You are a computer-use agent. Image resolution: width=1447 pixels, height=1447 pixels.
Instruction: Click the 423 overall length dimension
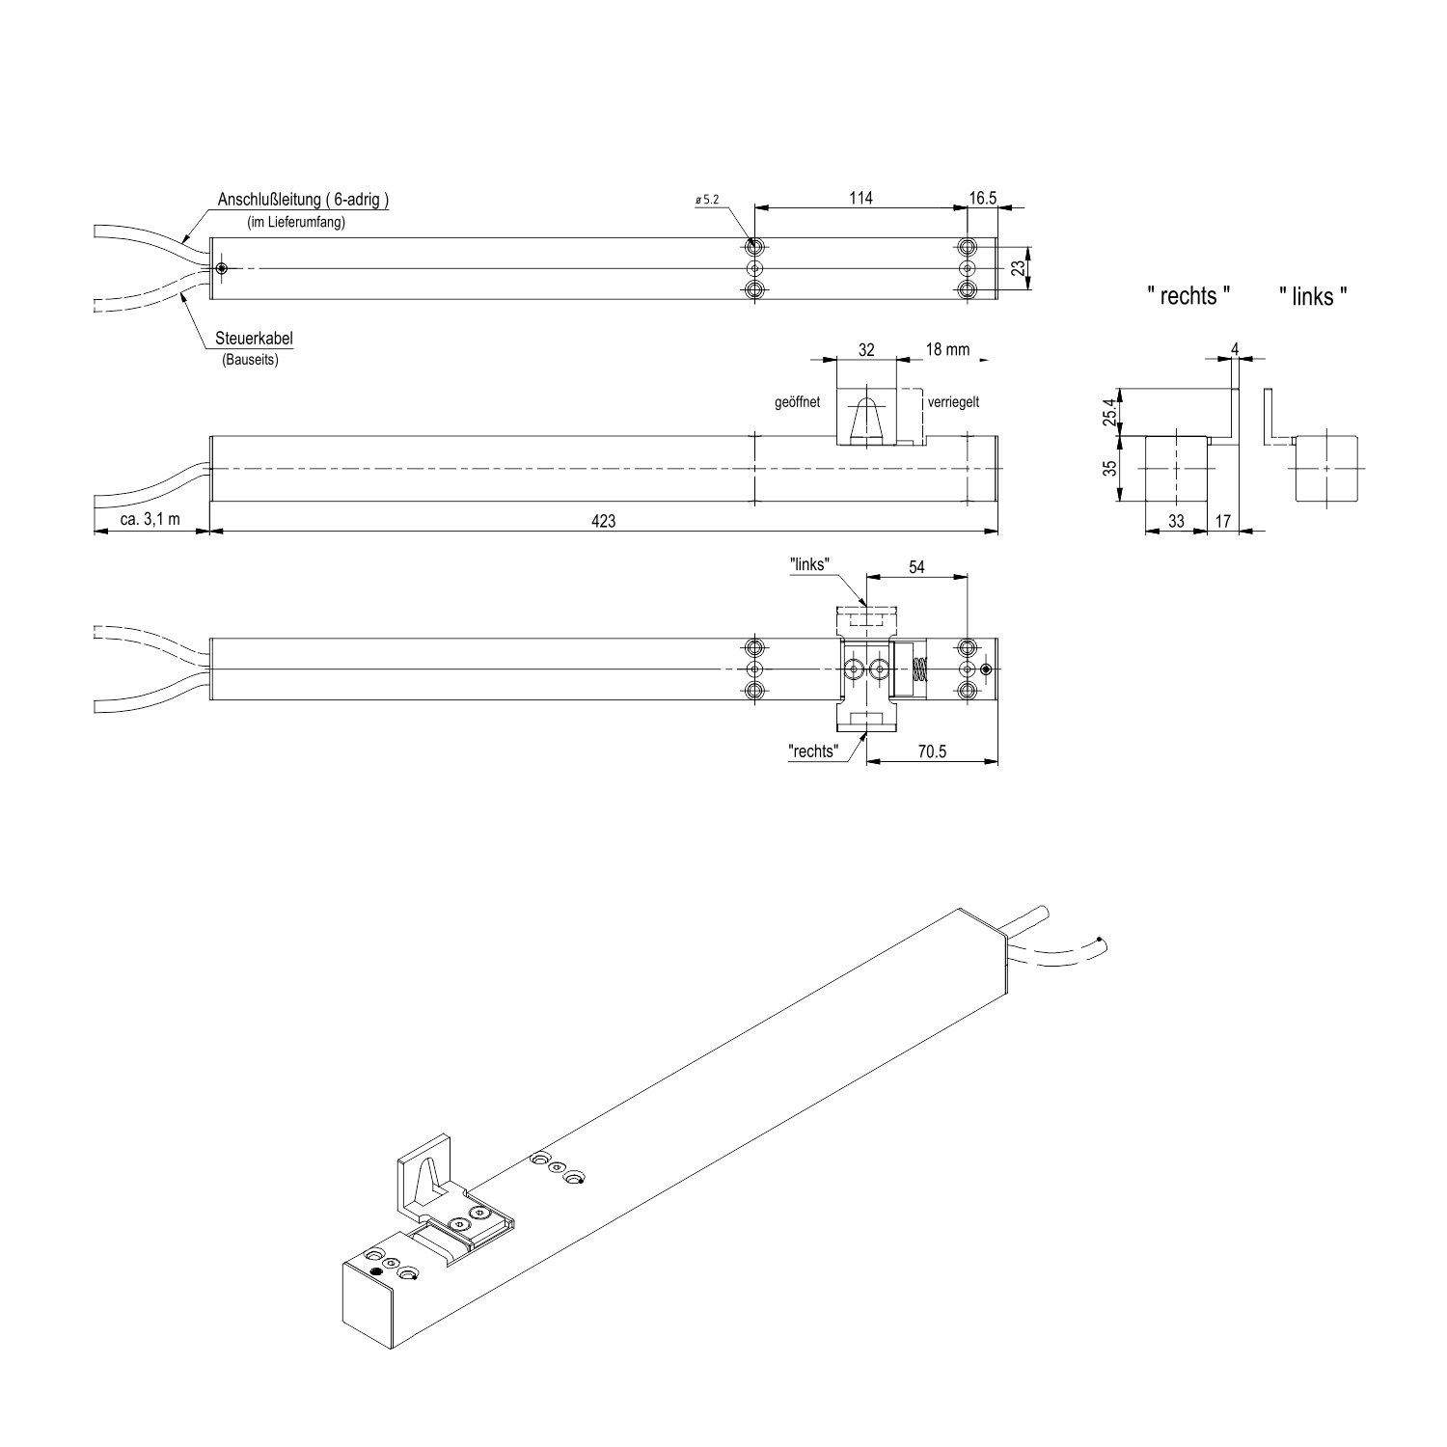click(603, 521)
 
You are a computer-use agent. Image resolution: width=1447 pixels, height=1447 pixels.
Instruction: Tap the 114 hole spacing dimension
click(860, 198)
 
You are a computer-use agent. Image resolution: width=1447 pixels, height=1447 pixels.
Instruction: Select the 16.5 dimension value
click(983, 198)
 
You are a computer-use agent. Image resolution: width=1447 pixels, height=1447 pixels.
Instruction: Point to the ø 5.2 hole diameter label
click(706, 200)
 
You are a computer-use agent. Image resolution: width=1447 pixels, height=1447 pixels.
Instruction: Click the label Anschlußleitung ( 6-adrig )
click(303, 201)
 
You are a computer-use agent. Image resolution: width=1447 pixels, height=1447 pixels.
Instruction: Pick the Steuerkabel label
click(255, 339)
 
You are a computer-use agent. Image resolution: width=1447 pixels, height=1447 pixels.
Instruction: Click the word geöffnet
click(797, 402)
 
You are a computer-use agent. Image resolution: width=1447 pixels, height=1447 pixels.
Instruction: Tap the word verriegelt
click(953, 402)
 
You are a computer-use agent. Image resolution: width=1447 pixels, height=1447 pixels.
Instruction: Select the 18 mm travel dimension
click(947, 349)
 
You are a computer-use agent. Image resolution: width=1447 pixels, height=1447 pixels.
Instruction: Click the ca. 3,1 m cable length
click(150, 520)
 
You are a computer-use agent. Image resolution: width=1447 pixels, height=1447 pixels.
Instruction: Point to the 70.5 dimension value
click(932, 751)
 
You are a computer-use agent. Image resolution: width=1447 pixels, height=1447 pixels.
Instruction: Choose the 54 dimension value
click(916, 567)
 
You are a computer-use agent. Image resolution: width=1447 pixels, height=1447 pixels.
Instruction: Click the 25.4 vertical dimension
click(1110, 413)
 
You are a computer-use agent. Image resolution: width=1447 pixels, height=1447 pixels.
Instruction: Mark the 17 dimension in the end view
click(1222, 521)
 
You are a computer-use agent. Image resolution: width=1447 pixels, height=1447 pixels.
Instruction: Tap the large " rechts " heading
click(1188, 296)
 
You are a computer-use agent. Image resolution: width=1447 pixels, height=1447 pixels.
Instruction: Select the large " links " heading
click(1313, 296)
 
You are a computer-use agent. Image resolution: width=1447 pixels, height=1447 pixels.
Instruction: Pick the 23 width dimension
click(1017, 268)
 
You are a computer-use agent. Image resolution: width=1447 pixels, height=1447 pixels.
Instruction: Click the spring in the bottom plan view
click(919, 669)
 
